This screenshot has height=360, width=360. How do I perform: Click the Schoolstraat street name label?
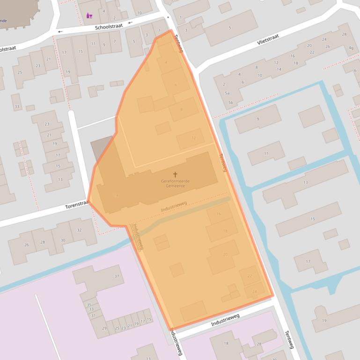[109, 27]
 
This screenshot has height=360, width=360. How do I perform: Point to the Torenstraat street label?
[77, 205]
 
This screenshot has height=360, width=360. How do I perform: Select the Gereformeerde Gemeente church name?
[175, 183]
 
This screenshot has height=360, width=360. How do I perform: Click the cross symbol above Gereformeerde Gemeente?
[175, 174]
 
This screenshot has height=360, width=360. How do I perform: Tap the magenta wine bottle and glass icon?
[89, 16]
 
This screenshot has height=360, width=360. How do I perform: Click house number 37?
[117, 276]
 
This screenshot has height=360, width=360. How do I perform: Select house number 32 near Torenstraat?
[79, 230]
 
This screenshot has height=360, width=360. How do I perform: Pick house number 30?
[63, 240]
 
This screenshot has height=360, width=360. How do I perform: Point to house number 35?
[89, 304]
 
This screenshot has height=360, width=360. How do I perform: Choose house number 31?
[93, 316]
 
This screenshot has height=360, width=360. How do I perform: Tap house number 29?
[105, 328]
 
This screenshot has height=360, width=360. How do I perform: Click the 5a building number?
[227, 94]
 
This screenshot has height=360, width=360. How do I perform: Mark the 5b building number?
[230, 102]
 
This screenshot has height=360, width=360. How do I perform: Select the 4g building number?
[351, 48]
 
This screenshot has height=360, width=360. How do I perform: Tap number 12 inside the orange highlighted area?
[193, 138]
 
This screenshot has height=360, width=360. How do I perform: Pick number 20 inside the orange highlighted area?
[225, 254]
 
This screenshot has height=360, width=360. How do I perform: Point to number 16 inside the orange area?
[218, 214]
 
